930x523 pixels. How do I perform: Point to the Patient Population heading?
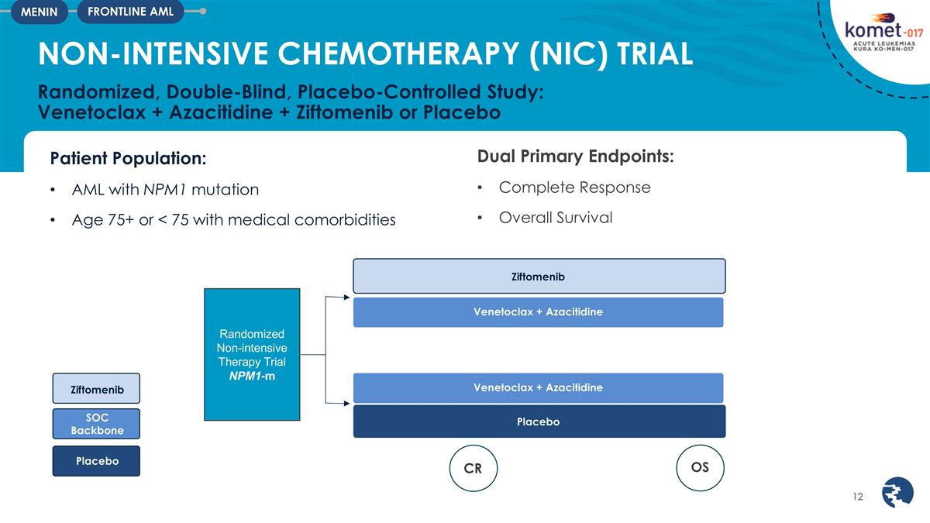[x=128, y=158]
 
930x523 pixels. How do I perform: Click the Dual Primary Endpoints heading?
[x=575, y=156]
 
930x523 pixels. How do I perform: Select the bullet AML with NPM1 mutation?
[x=165, y=189]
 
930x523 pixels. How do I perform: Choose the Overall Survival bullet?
[x=555, y=218]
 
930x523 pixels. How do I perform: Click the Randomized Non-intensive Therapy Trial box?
[x=252, y=354]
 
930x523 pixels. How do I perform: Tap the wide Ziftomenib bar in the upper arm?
[x=539, y=276]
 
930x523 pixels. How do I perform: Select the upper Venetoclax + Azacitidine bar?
[x=539, y=312]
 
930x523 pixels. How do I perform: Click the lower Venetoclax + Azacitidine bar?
[x=539, y=387]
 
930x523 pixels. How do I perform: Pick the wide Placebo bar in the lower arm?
[x=539, y=421]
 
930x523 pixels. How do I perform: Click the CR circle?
[x=473, y=468]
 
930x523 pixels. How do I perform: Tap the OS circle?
[x=700, y=467]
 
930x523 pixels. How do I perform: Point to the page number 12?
[x=857, y=496]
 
